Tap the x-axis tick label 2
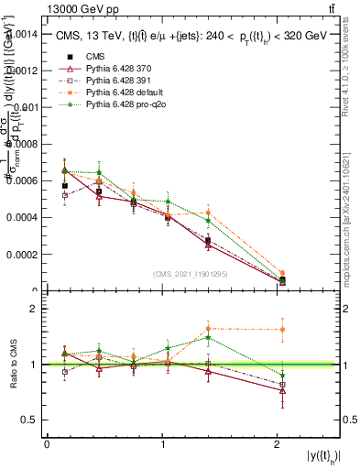coord(278,445)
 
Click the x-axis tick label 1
coord(162,445)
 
